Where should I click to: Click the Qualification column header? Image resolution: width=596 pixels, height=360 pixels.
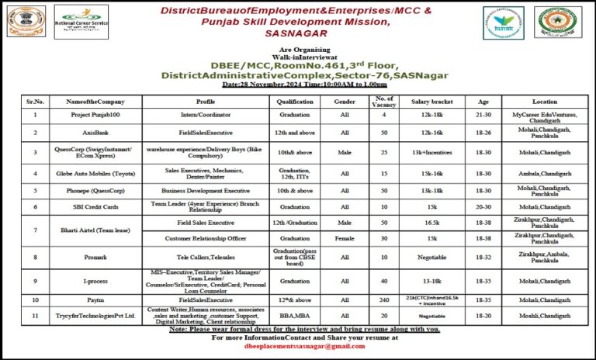294,102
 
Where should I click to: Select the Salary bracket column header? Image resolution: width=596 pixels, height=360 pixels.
431,102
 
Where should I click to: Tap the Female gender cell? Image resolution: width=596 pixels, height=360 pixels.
345,238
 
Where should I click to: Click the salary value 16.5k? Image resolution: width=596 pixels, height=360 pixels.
431,222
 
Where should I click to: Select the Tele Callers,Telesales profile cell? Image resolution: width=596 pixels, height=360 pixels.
206,255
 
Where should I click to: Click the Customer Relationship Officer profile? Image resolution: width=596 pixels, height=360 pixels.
206,238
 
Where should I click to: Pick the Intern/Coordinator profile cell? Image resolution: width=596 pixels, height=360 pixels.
206,115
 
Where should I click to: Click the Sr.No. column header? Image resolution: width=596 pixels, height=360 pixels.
34,102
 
